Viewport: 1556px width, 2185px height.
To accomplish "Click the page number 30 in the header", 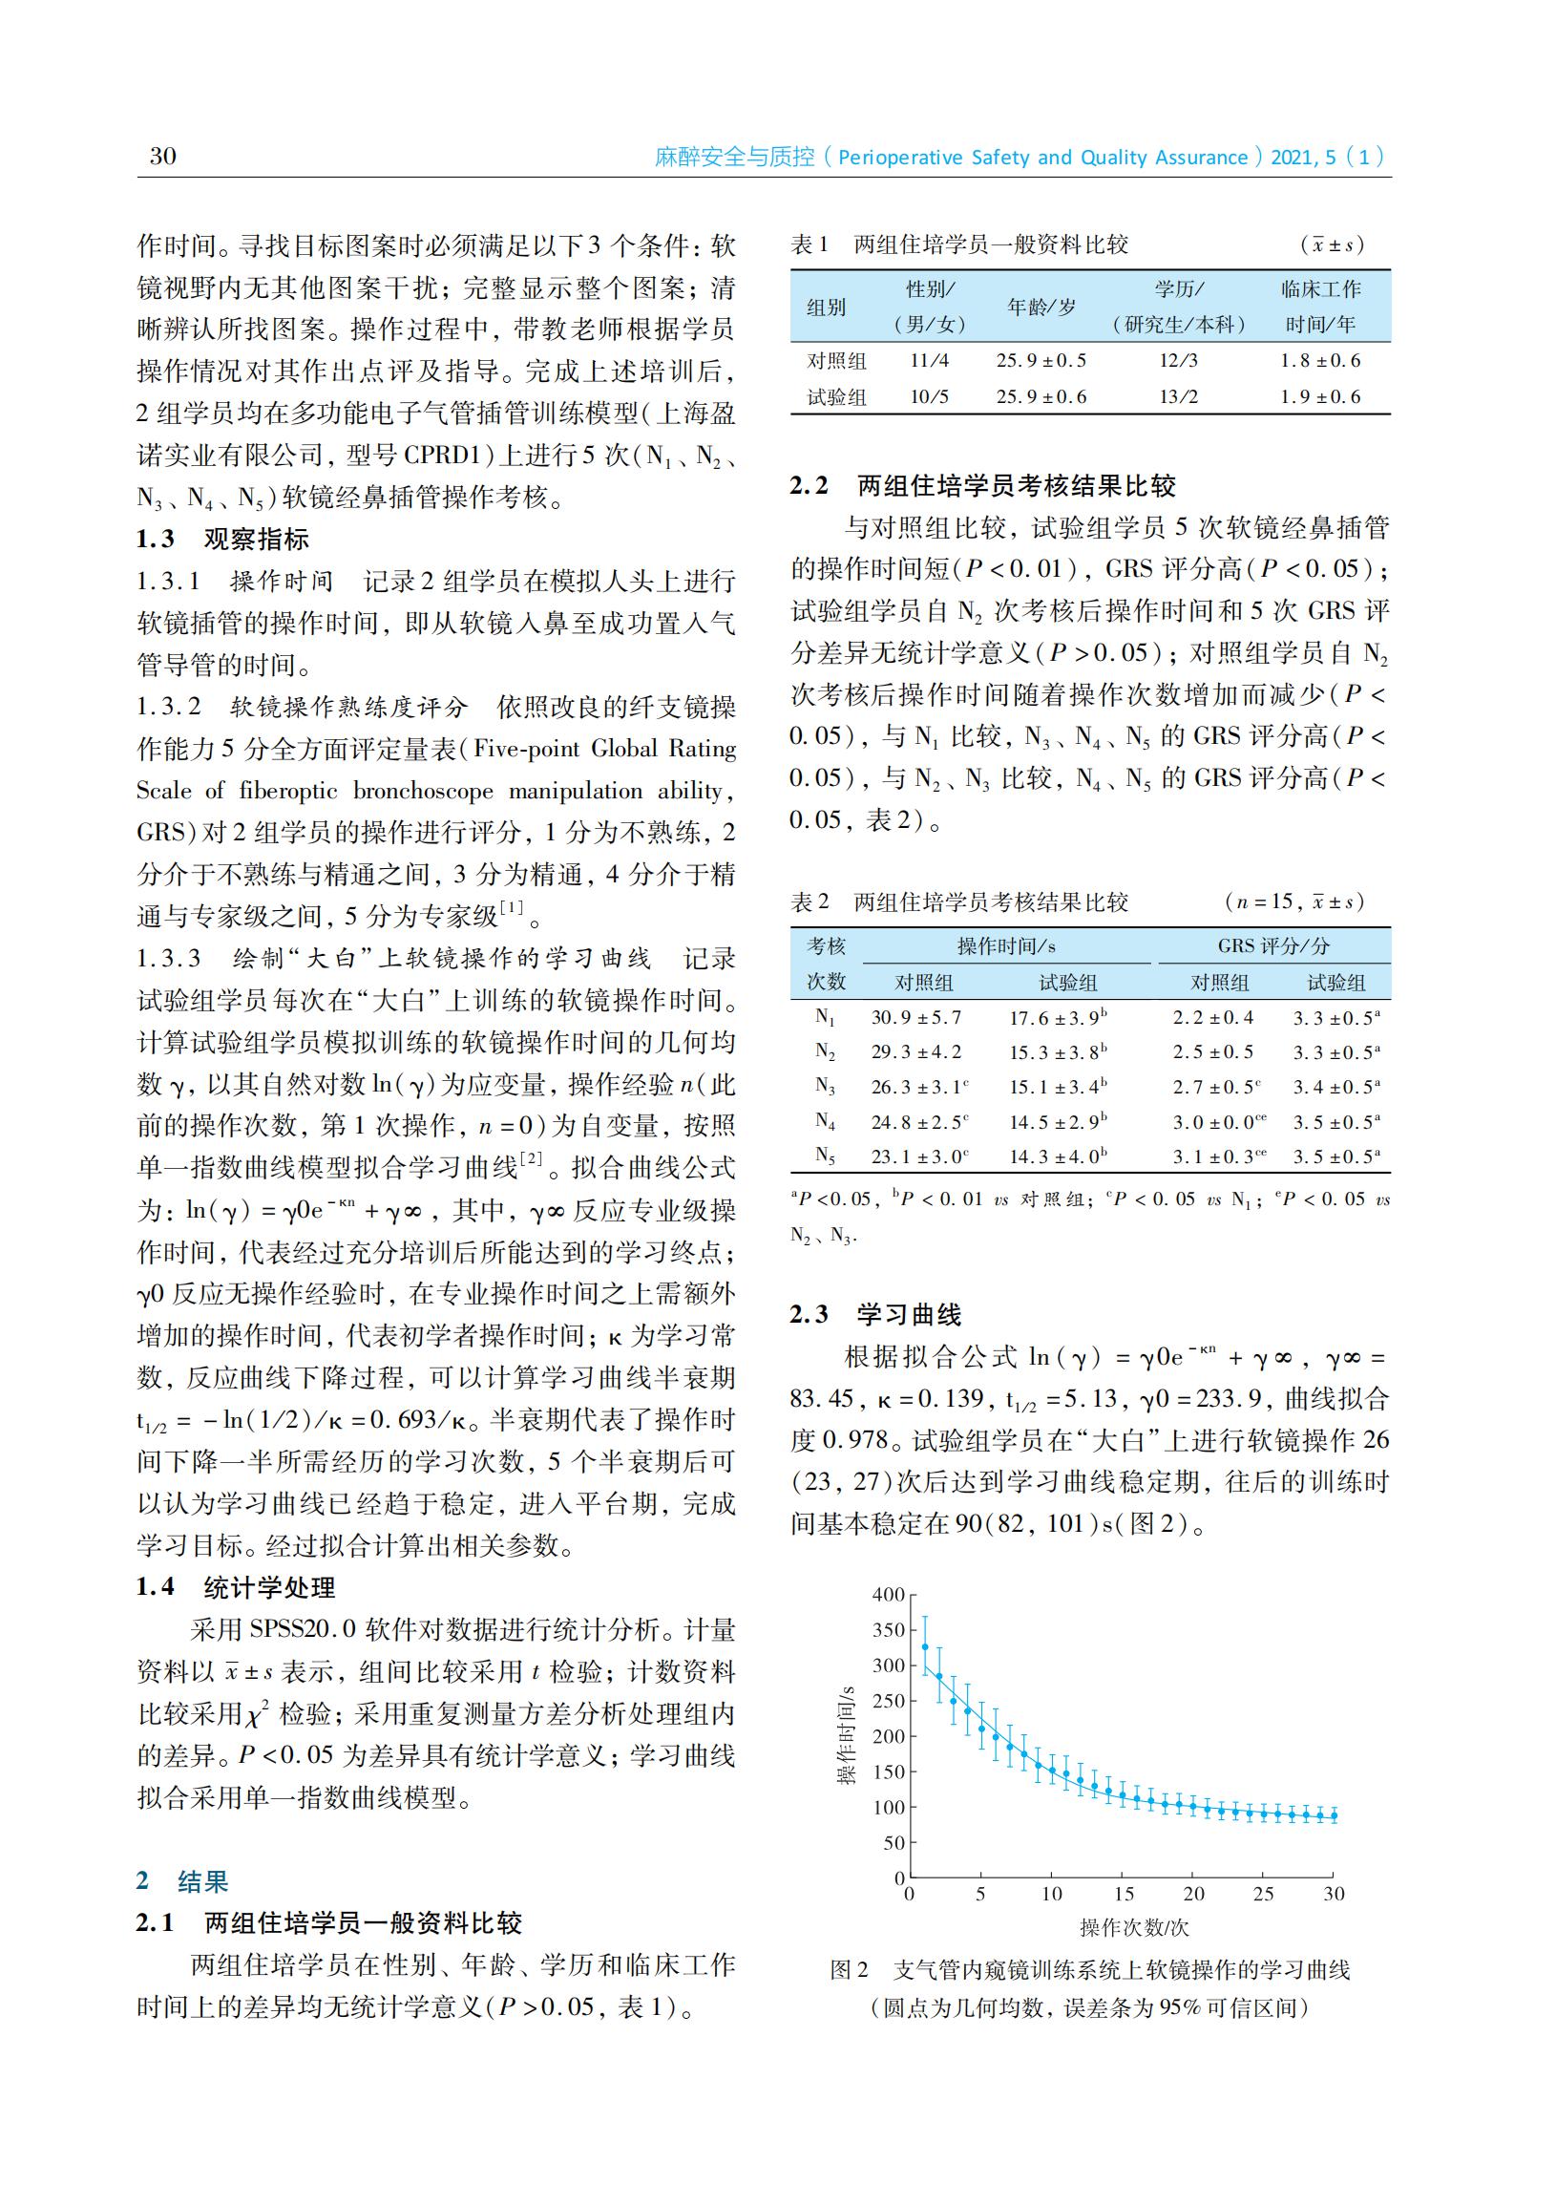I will [163, 157].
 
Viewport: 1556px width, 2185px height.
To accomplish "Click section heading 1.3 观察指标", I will [222, 540].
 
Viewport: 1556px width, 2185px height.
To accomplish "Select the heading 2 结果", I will [182, 1881].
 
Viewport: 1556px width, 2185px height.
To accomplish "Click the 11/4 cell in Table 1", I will [929, 361].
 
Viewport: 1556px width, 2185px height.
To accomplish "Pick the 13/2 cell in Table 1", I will [1178, 396].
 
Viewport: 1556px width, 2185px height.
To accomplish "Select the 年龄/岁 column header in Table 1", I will [1041, 308].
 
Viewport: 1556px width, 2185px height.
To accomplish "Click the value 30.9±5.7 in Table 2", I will [916, 1018].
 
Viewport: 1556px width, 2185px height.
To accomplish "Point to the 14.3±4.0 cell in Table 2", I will [1057, 1156].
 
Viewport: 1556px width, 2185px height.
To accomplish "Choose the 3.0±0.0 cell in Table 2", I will [1213, 1122].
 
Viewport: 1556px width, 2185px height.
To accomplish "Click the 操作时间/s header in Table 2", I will [1006, 946].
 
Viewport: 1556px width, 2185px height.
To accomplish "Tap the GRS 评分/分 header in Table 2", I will [1273, 946].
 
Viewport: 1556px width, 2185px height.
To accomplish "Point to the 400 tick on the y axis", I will [888, 1596].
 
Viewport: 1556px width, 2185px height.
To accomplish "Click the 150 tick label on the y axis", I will [888, 1771].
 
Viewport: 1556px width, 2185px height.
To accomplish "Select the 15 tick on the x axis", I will [1123, 1895].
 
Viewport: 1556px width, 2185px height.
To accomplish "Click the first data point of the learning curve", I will [925, 1647].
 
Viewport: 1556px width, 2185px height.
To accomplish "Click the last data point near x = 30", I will [1334, 1816].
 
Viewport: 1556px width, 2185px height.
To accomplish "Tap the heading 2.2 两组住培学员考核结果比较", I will [983, 486].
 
